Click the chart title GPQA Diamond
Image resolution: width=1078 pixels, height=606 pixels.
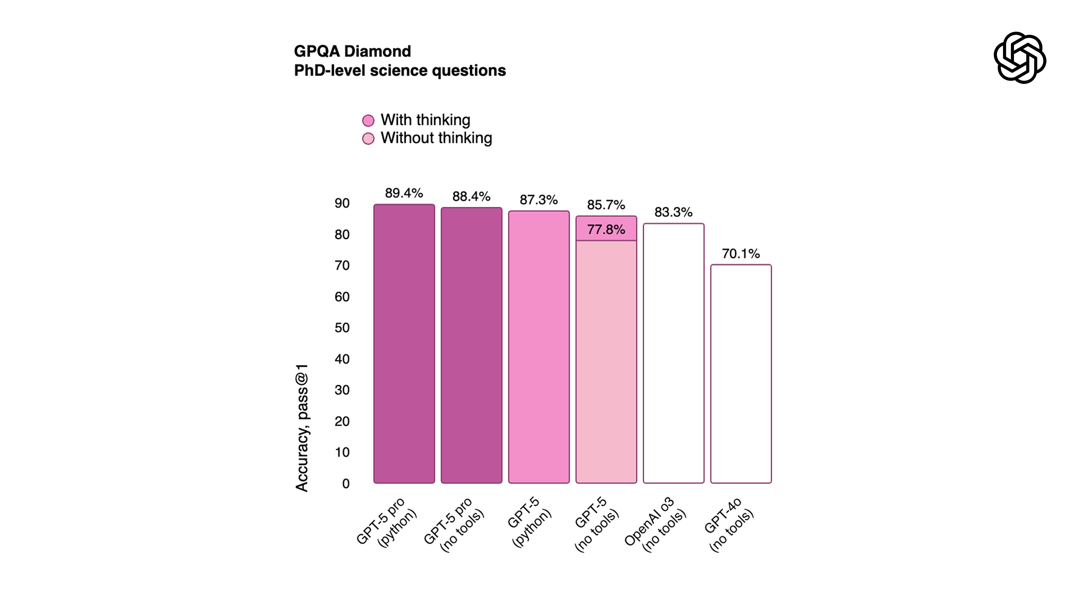click(352, 51)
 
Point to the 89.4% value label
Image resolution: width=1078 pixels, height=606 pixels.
click(404, 193)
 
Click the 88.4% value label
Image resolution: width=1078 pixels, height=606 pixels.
click(471, 197)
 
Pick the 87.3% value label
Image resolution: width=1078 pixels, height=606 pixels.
click(539, 200)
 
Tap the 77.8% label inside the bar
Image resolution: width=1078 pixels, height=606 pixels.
click(606, 229)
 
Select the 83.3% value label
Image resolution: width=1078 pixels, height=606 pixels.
click(673, 212)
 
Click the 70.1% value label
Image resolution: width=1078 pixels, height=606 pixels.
click(741, 253)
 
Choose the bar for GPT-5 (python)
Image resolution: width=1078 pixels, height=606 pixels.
click(539, 347)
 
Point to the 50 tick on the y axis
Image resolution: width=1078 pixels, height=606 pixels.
click(342, 327)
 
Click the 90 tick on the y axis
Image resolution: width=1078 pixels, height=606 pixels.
click(342, 203)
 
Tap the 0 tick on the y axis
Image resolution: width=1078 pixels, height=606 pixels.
click(346, 483)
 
